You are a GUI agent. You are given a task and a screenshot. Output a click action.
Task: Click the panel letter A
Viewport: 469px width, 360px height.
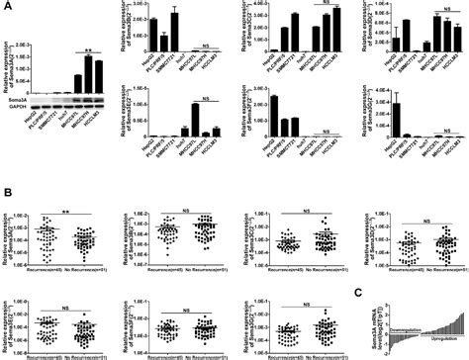coord(6,6)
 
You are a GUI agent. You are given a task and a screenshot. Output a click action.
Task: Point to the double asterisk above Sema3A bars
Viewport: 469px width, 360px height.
coord(88,46)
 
